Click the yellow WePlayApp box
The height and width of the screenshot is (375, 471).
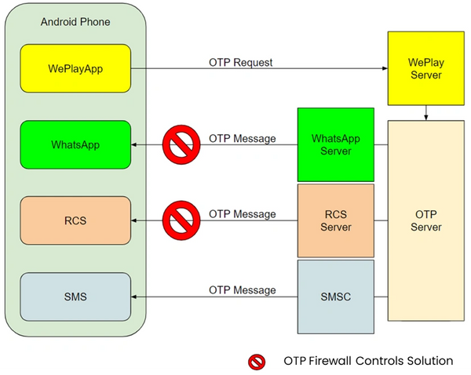tap(75, 68)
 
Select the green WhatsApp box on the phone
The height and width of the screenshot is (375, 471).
tap(75, 144)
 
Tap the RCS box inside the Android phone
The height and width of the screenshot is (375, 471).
tap(75, 220)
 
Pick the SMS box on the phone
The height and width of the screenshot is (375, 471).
tap(75, 297)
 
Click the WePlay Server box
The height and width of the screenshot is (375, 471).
tap(426, 68)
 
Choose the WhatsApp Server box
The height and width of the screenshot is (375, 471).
tap(336, 144)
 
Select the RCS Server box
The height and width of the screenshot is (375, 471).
tap(336, 220)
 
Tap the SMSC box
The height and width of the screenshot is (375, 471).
tap(336, 297)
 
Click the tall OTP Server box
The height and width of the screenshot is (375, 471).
tap(426, 220)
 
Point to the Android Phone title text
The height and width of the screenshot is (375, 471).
tap(75, 22)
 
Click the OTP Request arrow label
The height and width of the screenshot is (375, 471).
tap(241, 63)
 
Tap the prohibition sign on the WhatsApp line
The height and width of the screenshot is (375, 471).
tap(181, 144)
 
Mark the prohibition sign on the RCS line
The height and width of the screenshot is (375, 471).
tap(181, 220)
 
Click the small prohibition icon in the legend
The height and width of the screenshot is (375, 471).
tap(257, 362)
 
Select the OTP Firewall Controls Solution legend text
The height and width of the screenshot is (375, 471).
tap(368, 361)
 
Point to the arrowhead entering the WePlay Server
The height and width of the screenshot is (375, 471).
tap(385, 68)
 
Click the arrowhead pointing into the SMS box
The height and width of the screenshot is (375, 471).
tap(134, 297)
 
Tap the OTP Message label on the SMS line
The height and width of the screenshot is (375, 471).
tap(242, 290)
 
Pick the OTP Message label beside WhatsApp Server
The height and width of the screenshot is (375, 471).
tap(242, 138)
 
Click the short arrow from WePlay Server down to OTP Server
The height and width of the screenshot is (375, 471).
tap(426, 113)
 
